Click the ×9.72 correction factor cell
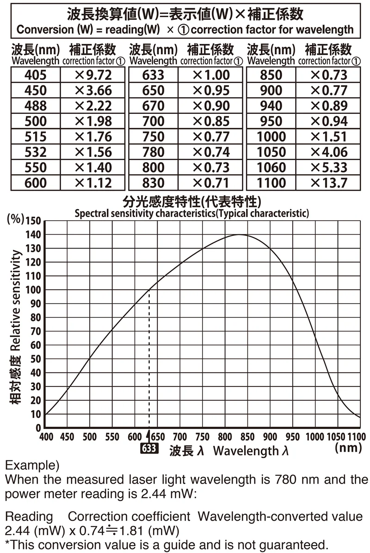(93, 75)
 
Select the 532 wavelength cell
(36, 152)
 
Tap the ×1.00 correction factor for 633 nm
(211, 75)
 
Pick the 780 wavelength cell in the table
(154, 152)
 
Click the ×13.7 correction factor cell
(328, 182)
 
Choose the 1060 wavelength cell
(271, 167)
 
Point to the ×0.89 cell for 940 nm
(328, 106)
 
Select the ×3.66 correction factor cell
(93, 90)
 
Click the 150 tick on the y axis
(34, 221)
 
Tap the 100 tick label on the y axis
(34, 290)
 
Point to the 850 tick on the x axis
(247, 437)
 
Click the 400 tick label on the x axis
(46, 437)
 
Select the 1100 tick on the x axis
(356, 437)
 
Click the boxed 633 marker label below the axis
(149, 448)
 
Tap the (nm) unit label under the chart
(348, 448)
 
